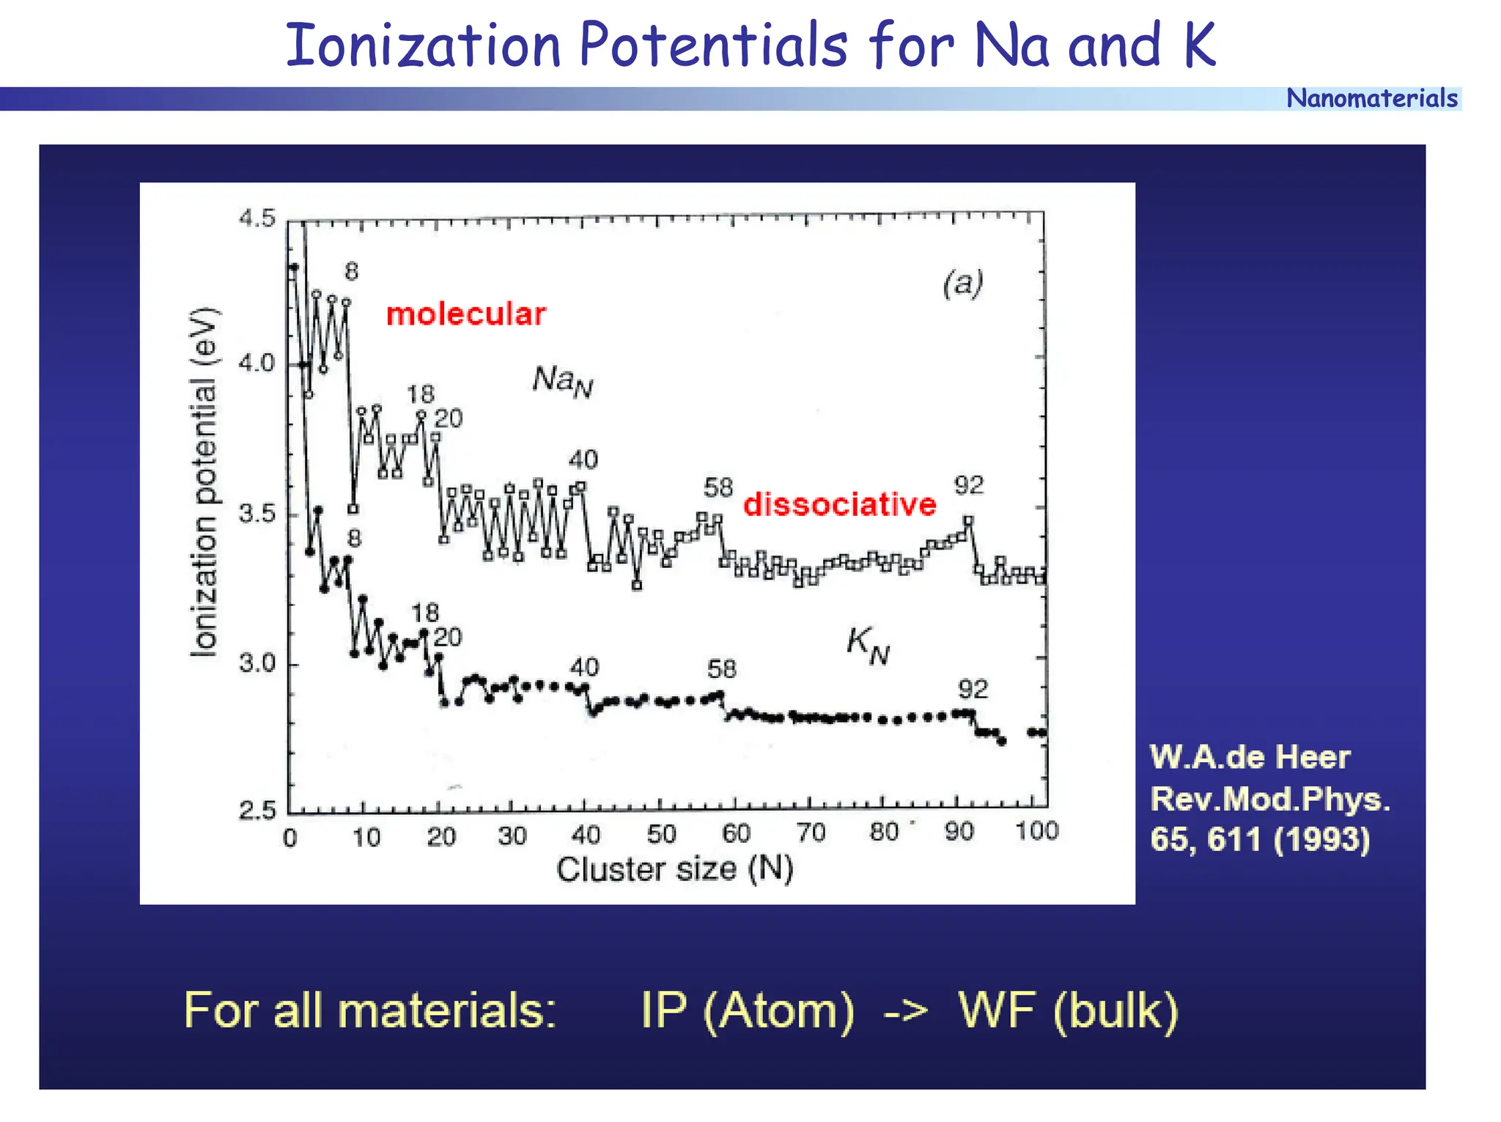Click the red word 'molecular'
pos(465,314)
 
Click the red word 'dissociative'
pos(839,505)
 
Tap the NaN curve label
pos(562,381)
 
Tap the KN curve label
pos(868,645)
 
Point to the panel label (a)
pos(962,283)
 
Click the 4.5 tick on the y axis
pos(257,218)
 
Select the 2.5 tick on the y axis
pos(257,811)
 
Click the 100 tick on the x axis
pos(1036,831)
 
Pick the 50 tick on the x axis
pos(661,834)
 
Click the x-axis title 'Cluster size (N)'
pos(674,869)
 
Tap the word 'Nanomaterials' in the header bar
pos(1371,98)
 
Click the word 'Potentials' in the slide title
pos(713,45)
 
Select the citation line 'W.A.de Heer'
pos(1250,758)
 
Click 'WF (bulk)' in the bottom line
pos(1068,1011)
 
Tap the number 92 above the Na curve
pos(968,485)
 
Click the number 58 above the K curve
pos(721,668)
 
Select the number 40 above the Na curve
pos(583,460)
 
